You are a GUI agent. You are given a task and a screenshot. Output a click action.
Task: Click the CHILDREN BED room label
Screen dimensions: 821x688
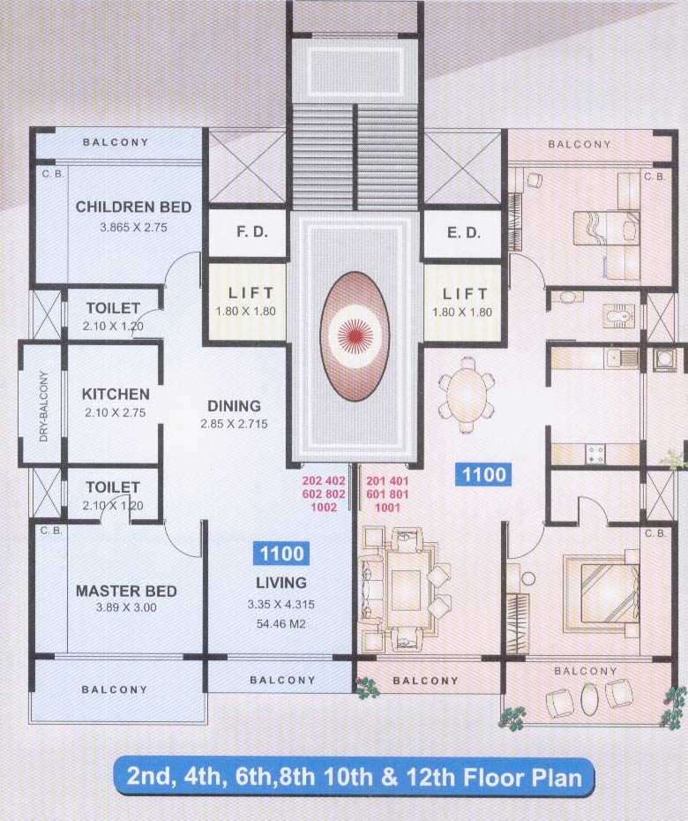[133, 207]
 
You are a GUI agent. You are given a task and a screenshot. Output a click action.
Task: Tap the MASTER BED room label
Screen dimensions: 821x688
[125, 591]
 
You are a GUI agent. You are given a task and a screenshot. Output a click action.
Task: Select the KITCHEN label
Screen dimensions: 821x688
[116, 395]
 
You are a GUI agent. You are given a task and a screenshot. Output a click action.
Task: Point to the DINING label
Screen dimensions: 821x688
[234, 406]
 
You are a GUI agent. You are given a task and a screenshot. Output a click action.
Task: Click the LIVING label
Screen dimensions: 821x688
[281, 583]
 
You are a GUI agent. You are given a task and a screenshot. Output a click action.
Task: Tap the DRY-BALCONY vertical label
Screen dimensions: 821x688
[42, 403]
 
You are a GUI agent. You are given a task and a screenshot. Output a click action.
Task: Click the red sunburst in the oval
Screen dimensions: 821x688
[354, 335]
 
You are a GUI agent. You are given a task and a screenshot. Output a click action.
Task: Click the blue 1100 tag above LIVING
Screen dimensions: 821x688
[281, 554]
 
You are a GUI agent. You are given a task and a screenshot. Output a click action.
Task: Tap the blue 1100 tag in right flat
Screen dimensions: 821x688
[484, 475]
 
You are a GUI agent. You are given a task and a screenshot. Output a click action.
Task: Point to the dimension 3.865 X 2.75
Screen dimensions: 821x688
[133, 227]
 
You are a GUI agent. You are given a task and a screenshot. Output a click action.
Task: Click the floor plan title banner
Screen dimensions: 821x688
[354, 777]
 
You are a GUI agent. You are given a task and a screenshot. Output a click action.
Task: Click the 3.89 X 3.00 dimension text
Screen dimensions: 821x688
[125, 609]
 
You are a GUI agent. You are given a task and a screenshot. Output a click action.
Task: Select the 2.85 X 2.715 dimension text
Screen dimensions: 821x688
[234, 425]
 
